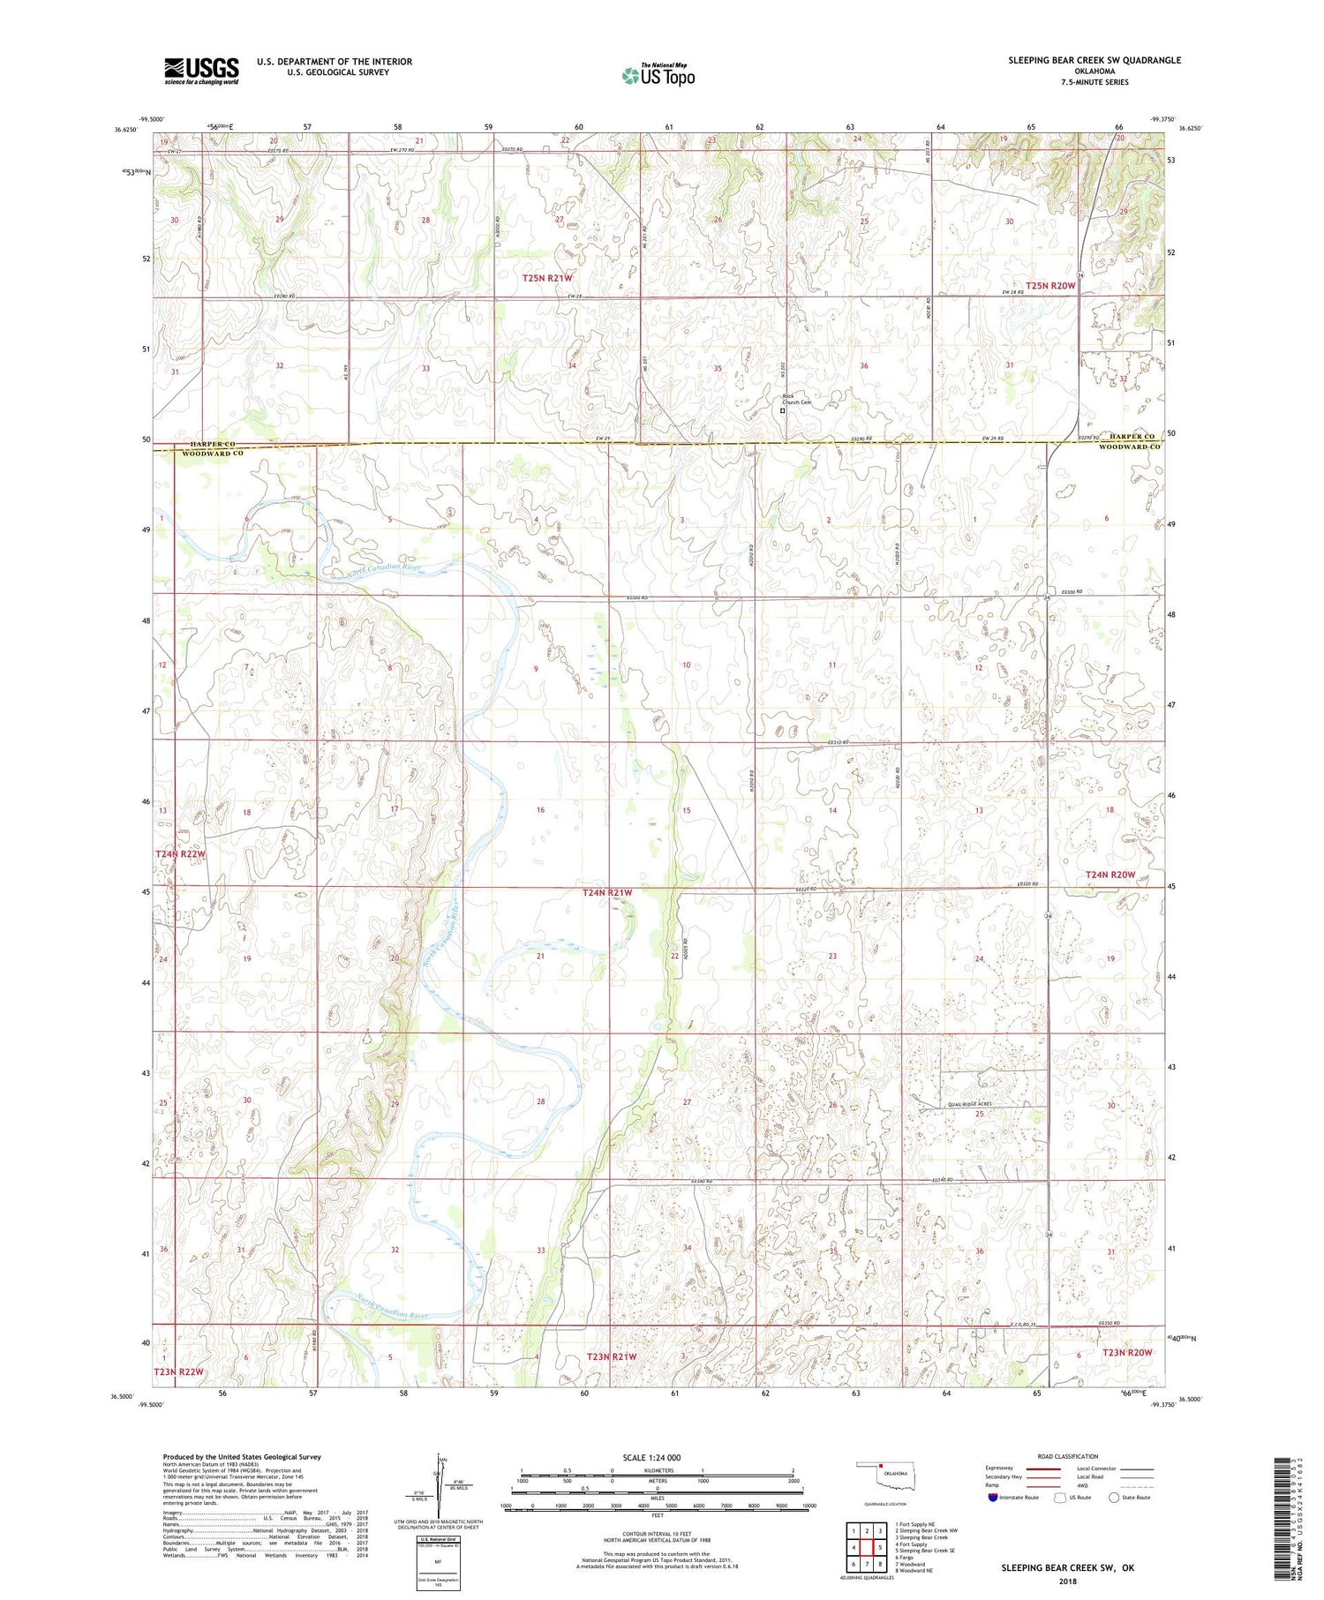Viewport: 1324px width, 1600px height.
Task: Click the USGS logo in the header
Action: point(201,71)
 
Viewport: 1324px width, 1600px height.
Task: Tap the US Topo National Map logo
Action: point(658,76)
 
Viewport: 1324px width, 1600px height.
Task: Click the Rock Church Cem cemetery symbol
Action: point(782,410)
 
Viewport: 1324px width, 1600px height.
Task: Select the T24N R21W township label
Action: point(607,893)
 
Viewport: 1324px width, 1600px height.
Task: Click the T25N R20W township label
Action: point(1050,286)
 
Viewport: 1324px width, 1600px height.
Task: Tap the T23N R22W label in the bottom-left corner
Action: point(179,1371)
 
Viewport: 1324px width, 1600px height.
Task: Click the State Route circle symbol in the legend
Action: point(1115,1498)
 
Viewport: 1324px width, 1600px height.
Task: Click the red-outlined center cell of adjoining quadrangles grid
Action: point(867,1547)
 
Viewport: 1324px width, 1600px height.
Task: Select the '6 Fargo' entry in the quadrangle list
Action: point(908,1558)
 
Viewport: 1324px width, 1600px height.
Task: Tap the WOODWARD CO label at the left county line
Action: point(212,454)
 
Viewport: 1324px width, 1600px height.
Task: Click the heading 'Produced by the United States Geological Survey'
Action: point(241,1457)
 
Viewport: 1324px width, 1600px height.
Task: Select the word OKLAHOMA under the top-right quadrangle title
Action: point(1095,71)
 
